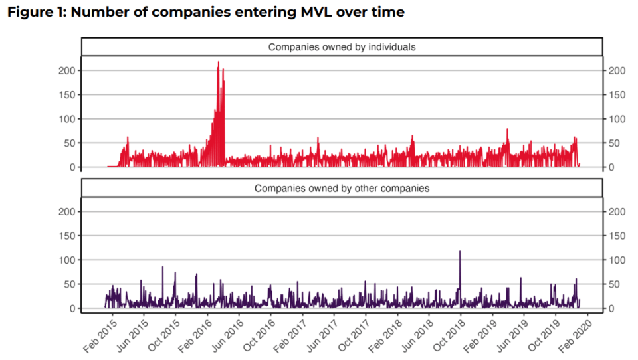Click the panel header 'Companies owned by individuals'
[x=342, y=47]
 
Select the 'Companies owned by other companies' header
[x=342, y=189]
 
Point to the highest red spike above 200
[x=219, y=62]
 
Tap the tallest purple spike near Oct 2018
[x=460, y=251]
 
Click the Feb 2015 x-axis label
[x=100, y=336]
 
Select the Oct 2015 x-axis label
[x=164, y=336]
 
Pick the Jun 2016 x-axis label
[x=228, y=336]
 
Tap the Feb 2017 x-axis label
[x=290, y=336]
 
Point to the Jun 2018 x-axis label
[x=418, y=336]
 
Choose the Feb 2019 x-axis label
[x=480, y=336]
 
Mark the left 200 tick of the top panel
[x=67, y=71]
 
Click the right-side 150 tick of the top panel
[x=617, y=95]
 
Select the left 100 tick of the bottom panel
[x=67, y=260]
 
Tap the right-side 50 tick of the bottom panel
[x=614, y=284]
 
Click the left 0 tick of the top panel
[x=72, y=167]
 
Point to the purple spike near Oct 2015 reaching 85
[x=163, y=267]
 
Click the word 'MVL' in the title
[x=316, y=12]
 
